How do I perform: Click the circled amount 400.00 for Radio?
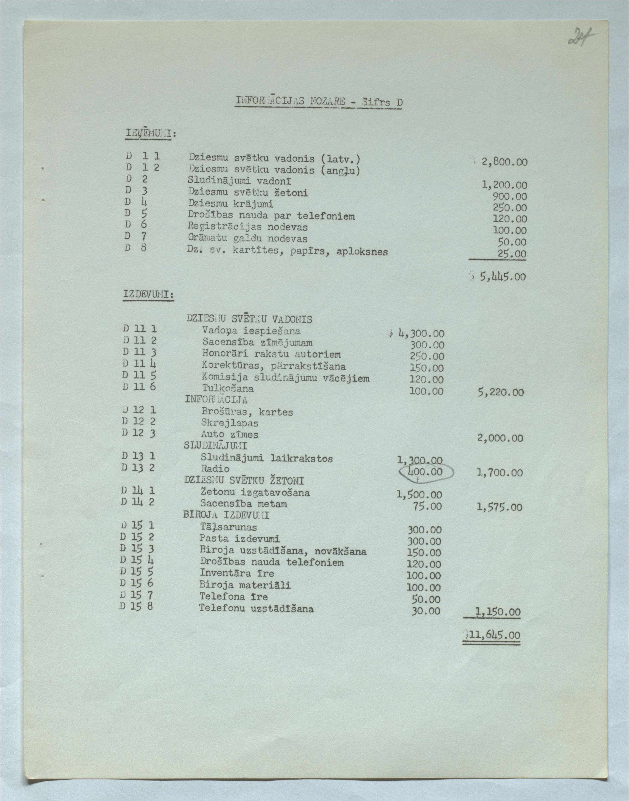pos(426,472)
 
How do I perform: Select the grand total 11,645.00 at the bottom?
pos(493,635)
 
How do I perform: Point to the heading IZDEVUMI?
pos(148,294)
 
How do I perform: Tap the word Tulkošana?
pos(228,388)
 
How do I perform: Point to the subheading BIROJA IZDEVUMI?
pos(226,515)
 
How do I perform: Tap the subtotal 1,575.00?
pos(499,507)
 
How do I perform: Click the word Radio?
pos(215,469)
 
